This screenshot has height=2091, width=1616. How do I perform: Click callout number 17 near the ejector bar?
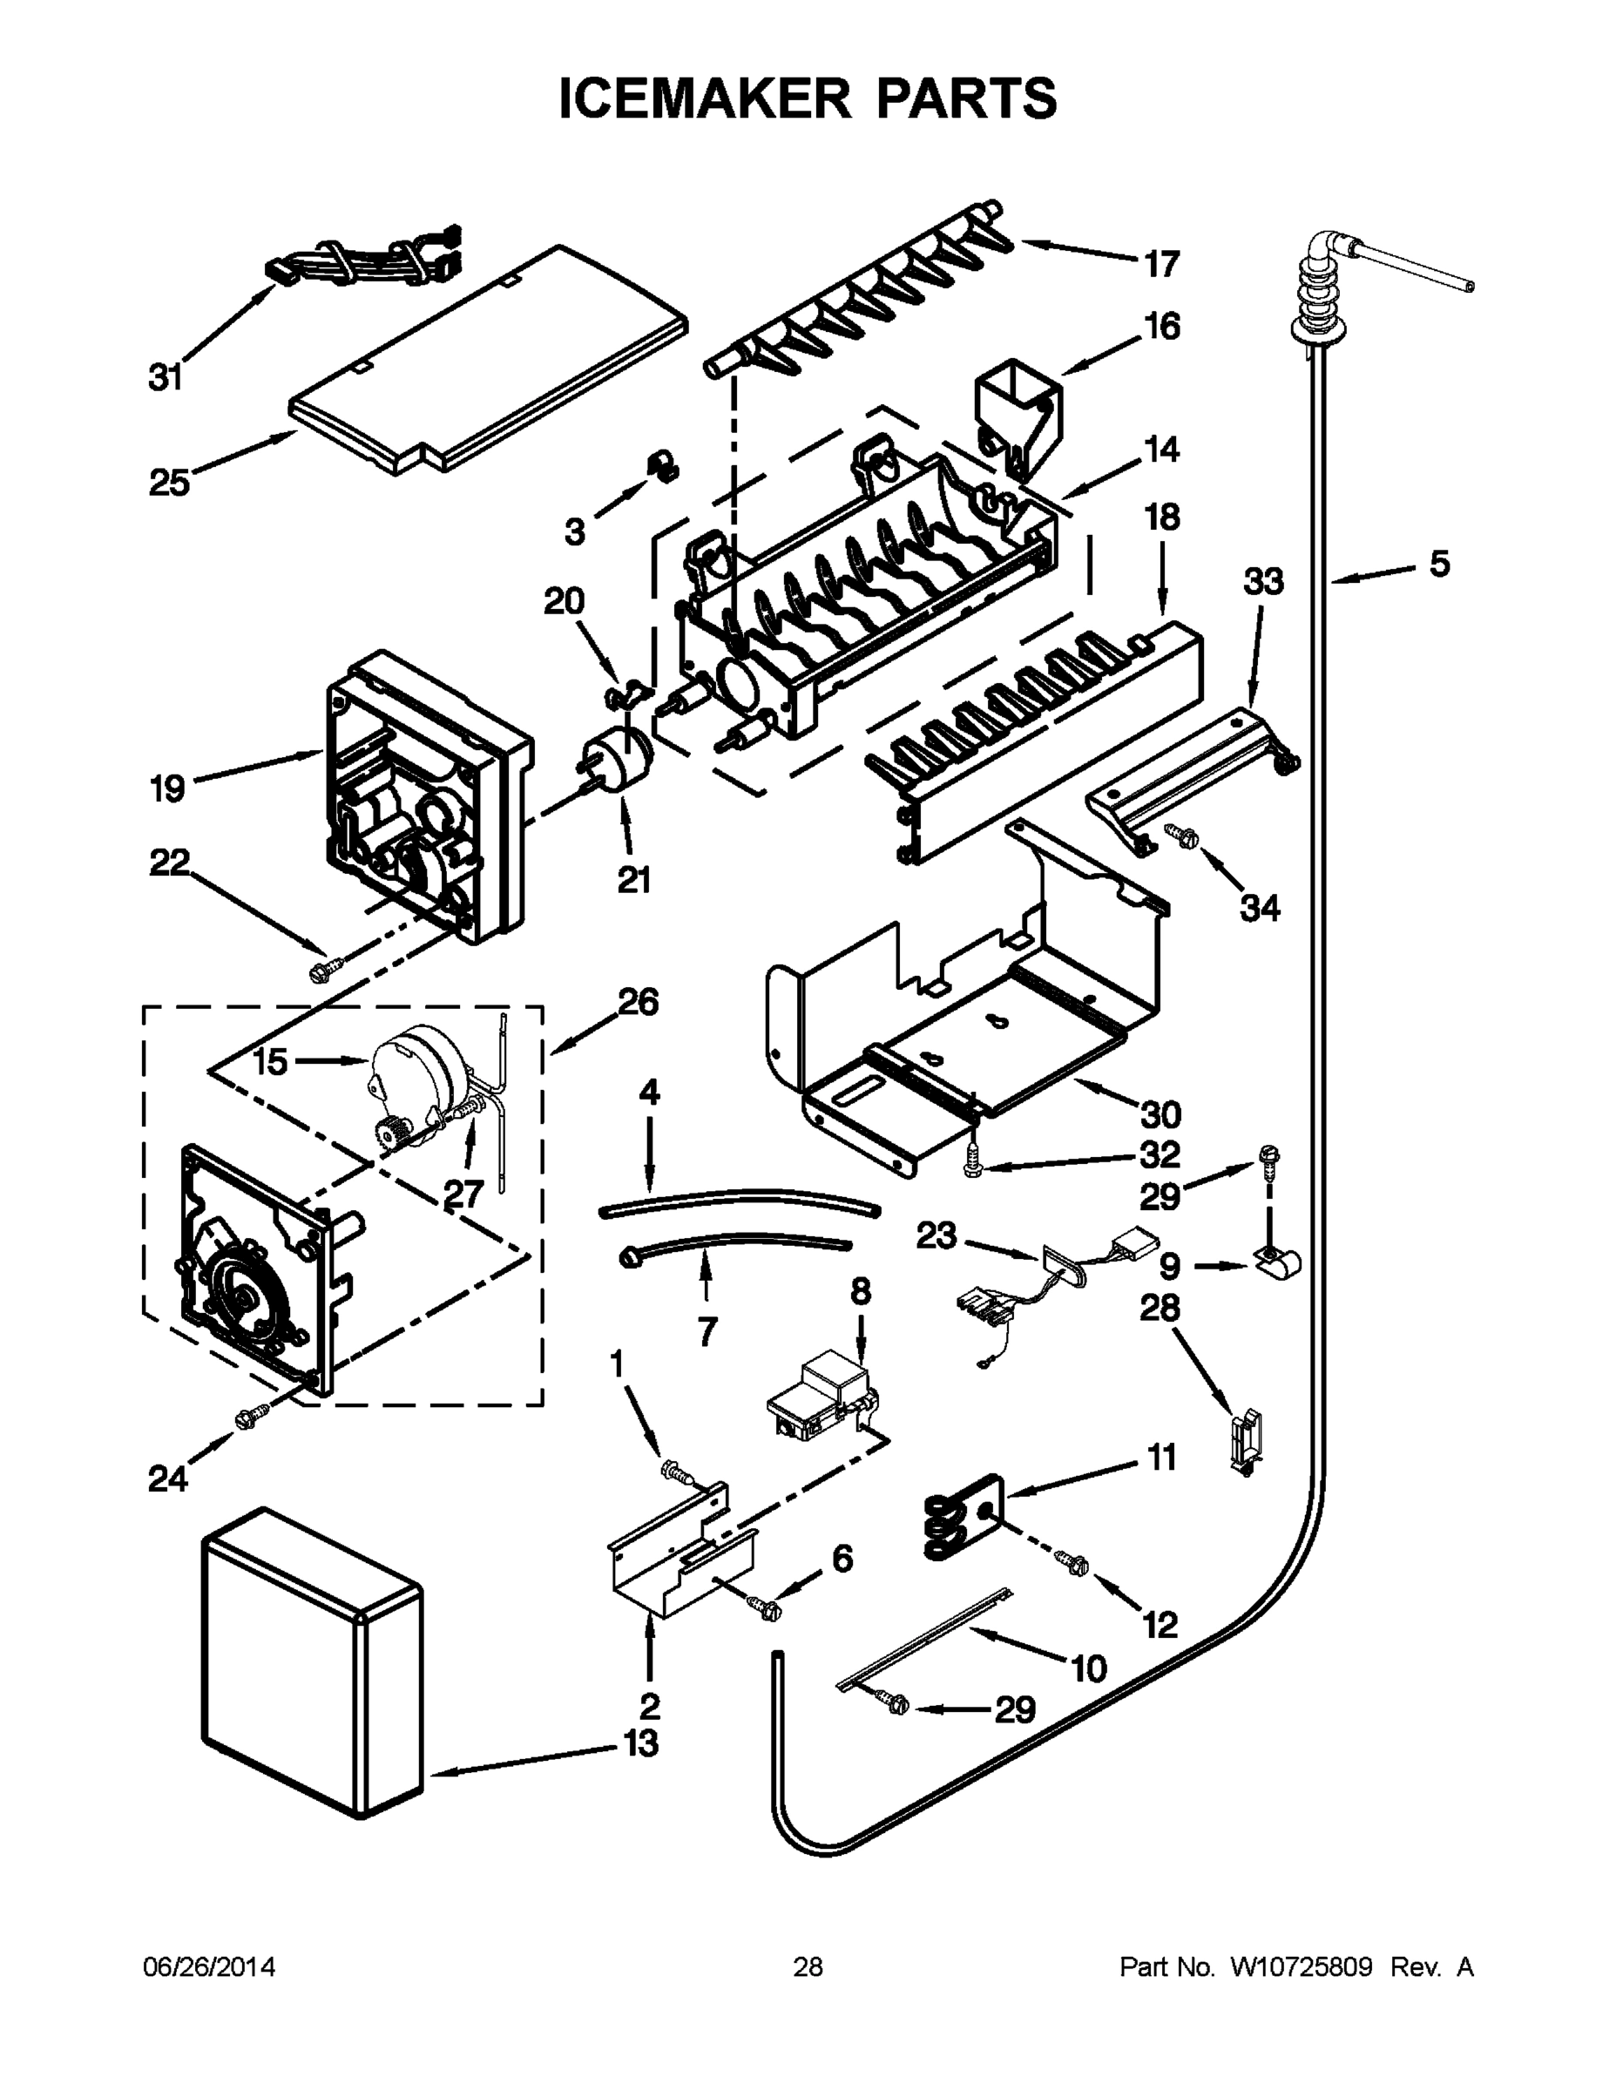(x=1161, y=263)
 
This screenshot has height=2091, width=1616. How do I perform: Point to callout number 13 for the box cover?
(x=640, y=1743)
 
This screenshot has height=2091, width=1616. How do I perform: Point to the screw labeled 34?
(x=1180, y=835)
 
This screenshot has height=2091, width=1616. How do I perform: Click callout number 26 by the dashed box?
(x=639, y=1003)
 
